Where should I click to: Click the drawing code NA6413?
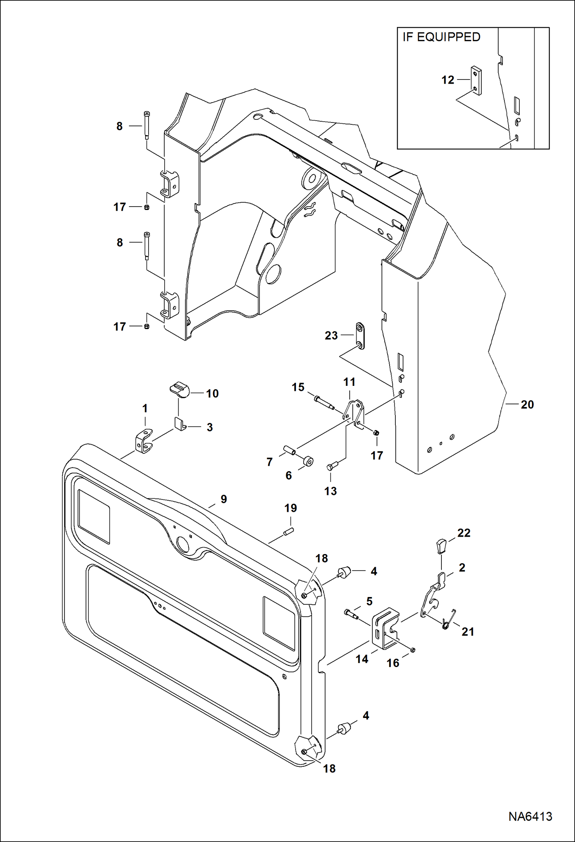530,816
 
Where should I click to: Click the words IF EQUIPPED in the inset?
441,37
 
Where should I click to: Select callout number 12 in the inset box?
448,80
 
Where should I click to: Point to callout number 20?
527,404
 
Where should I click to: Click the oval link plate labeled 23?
360,336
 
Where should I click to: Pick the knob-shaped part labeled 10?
180,390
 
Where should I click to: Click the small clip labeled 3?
180,423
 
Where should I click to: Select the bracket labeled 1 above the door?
144,441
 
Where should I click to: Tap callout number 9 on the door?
223,499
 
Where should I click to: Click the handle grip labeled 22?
441,546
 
